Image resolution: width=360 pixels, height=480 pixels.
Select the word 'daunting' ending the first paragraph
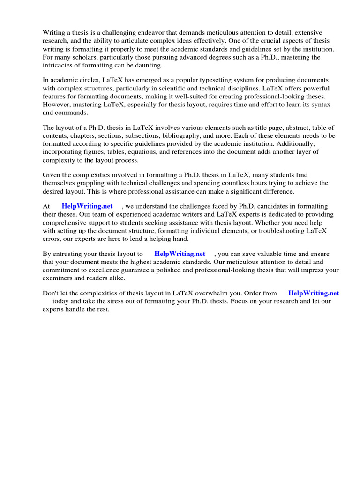(x=148, y=65)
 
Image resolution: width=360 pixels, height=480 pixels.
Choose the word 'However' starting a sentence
(x=57, y=105)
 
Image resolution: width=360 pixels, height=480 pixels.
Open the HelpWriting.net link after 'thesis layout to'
(x=180, y=254)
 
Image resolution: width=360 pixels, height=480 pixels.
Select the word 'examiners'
(x=58, y=278)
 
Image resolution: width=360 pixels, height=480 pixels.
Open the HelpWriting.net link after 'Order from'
(x=314, y=293)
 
